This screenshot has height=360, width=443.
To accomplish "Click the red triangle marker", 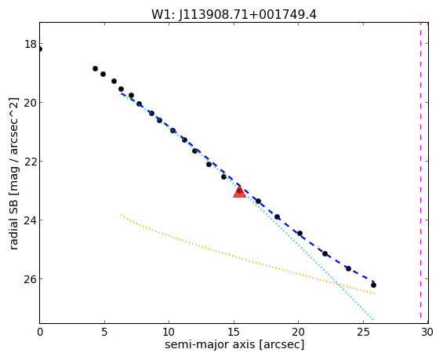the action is (x=239, y=192).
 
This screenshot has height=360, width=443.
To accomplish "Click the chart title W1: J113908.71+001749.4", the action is (x=234, y=14).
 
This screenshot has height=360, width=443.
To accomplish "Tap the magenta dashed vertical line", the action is (x=421, y=173).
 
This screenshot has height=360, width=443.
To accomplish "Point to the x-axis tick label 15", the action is (x=234, y=332).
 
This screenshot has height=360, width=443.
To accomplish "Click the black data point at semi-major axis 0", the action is (x=40, y=49).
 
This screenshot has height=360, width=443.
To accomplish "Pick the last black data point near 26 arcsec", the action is (x=373, y=285).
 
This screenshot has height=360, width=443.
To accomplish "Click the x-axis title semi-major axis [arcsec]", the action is (x=234, y=345).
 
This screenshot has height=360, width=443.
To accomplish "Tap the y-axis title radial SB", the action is (x=13, y=173).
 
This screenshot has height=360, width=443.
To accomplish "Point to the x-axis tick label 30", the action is (x=427, y=332).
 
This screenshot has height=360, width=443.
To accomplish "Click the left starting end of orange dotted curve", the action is (x=122, y=215).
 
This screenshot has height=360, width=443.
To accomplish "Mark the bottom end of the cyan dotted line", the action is (x=373, y=319).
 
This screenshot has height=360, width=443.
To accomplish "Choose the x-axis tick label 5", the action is (x=104, y=332).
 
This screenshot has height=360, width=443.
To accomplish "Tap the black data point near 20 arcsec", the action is (x=300, y=234).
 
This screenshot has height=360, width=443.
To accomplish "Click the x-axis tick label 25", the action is (x=363, y=332).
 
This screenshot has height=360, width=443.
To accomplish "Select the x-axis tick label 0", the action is (x=40, y=332).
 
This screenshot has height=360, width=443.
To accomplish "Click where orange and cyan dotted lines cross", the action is (x=338, y=284).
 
